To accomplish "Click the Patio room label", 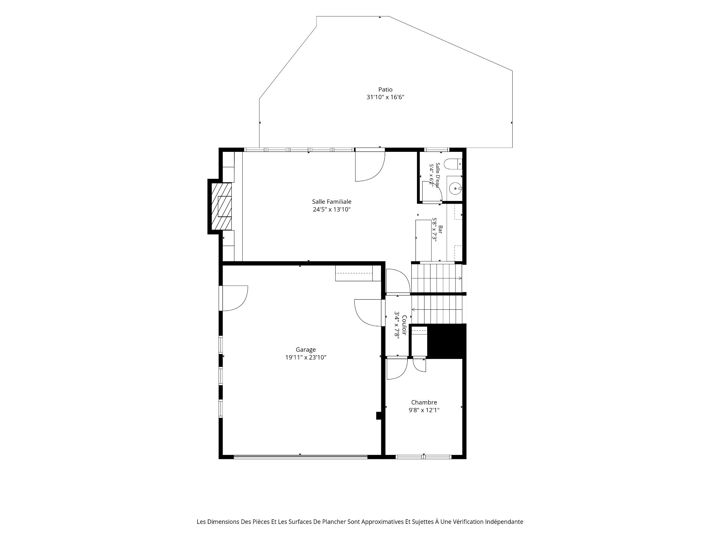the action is [x=385, y=90].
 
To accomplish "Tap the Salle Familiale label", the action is [x=331, y=202].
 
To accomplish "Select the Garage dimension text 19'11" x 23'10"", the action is [x=306, y=357].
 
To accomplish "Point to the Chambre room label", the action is [x=424, y=402].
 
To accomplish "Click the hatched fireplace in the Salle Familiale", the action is [x=222, y=206].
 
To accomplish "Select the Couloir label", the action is [x=405, y=325].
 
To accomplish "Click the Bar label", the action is [x=441, y=230].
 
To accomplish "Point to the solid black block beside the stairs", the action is [x=447, y=341].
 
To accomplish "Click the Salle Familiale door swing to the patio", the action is [x=370, y=165].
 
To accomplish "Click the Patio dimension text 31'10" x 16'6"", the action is [x=385, y=97].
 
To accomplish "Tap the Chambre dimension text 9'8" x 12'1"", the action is [x=424, y=410].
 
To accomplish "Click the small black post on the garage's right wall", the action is [x=379, y=415].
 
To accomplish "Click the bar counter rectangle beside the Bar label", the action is [x=423, y=240].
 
